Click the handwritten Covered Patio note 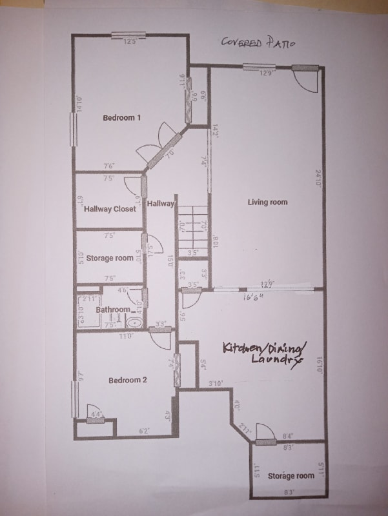pyautogui.click(x=258, y=43)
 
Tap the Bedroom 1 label pyautogui.click(x=121, y=117)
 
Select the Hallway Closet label pyautogui.click(x=110, y=209)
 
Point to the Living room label pyautogui.click(x=267, y=203)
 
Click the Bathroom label pyautogui.click(x=112, y=310)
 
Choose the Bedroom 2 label pyautogui.click(x=127, y=381)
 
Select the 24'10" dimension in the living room pyautogui.click(x=318, y=178)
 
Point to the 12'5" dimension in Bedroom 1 pyautogui.click(x=130, y=43)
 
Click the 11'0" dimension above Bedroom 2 pyautogui.click(x=126, y=336)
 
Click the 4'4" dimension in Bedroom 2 pyautogui.click(x=96, y=414)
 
